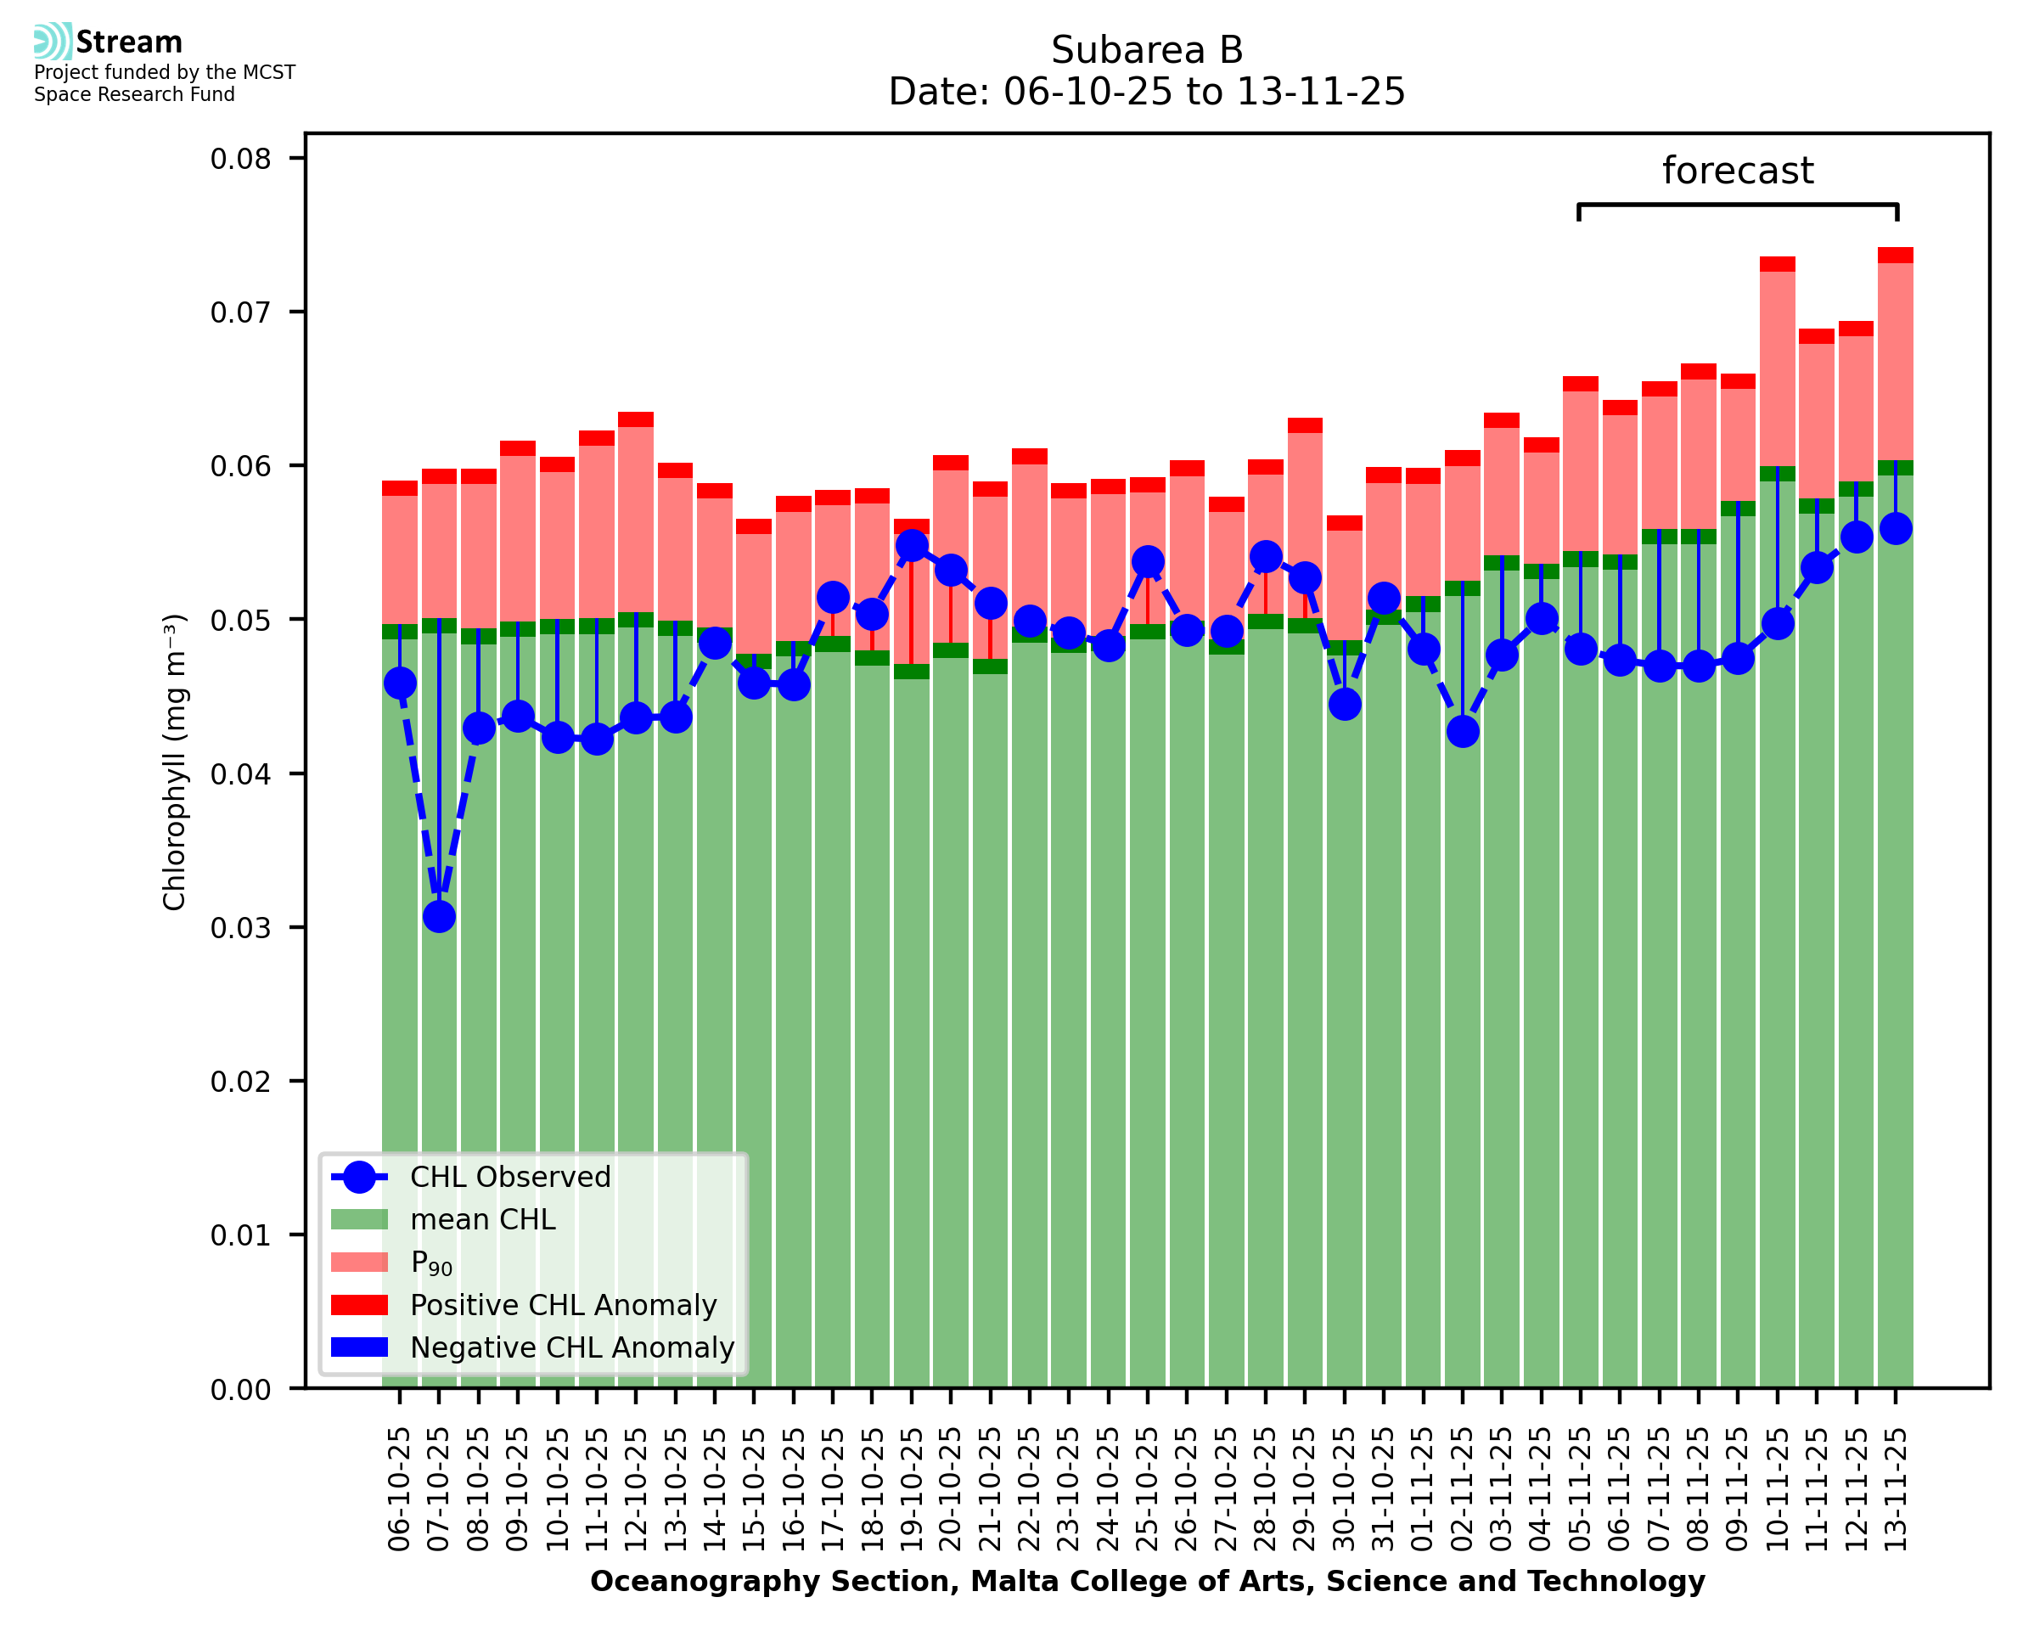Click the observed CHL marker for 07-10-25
tap(439, 916)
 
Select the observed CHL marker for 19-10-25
tap(911, 546)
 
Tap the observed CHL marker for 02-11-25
tap(1463, 731)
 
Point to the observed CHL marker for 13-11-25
tap(1896, 529)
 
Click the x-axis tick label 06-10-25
tap(399, 1490)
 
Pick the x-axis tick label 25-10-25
tap(1148, 1490)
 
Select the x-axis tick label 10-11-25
tap(1777, 1490)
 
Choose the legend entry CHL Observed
tap(510, 1178)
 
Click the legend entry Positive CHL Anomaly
tap(564, 1305)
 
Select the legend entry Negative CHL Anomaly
tap(572, 1347)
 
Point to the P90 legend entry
tap(431, 1263)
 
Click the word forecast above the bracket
tap(1738, 171)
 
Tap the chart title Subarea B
tap(1147, 50)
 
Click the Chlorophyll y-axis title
tap(175, 762)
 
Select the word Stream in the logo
tap(129, 42)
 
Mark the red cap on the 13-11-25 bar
tap(1896, 256)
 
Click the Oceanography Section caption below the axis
tap(1147, 1581)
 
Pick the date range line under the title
tap(1147, 92)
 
